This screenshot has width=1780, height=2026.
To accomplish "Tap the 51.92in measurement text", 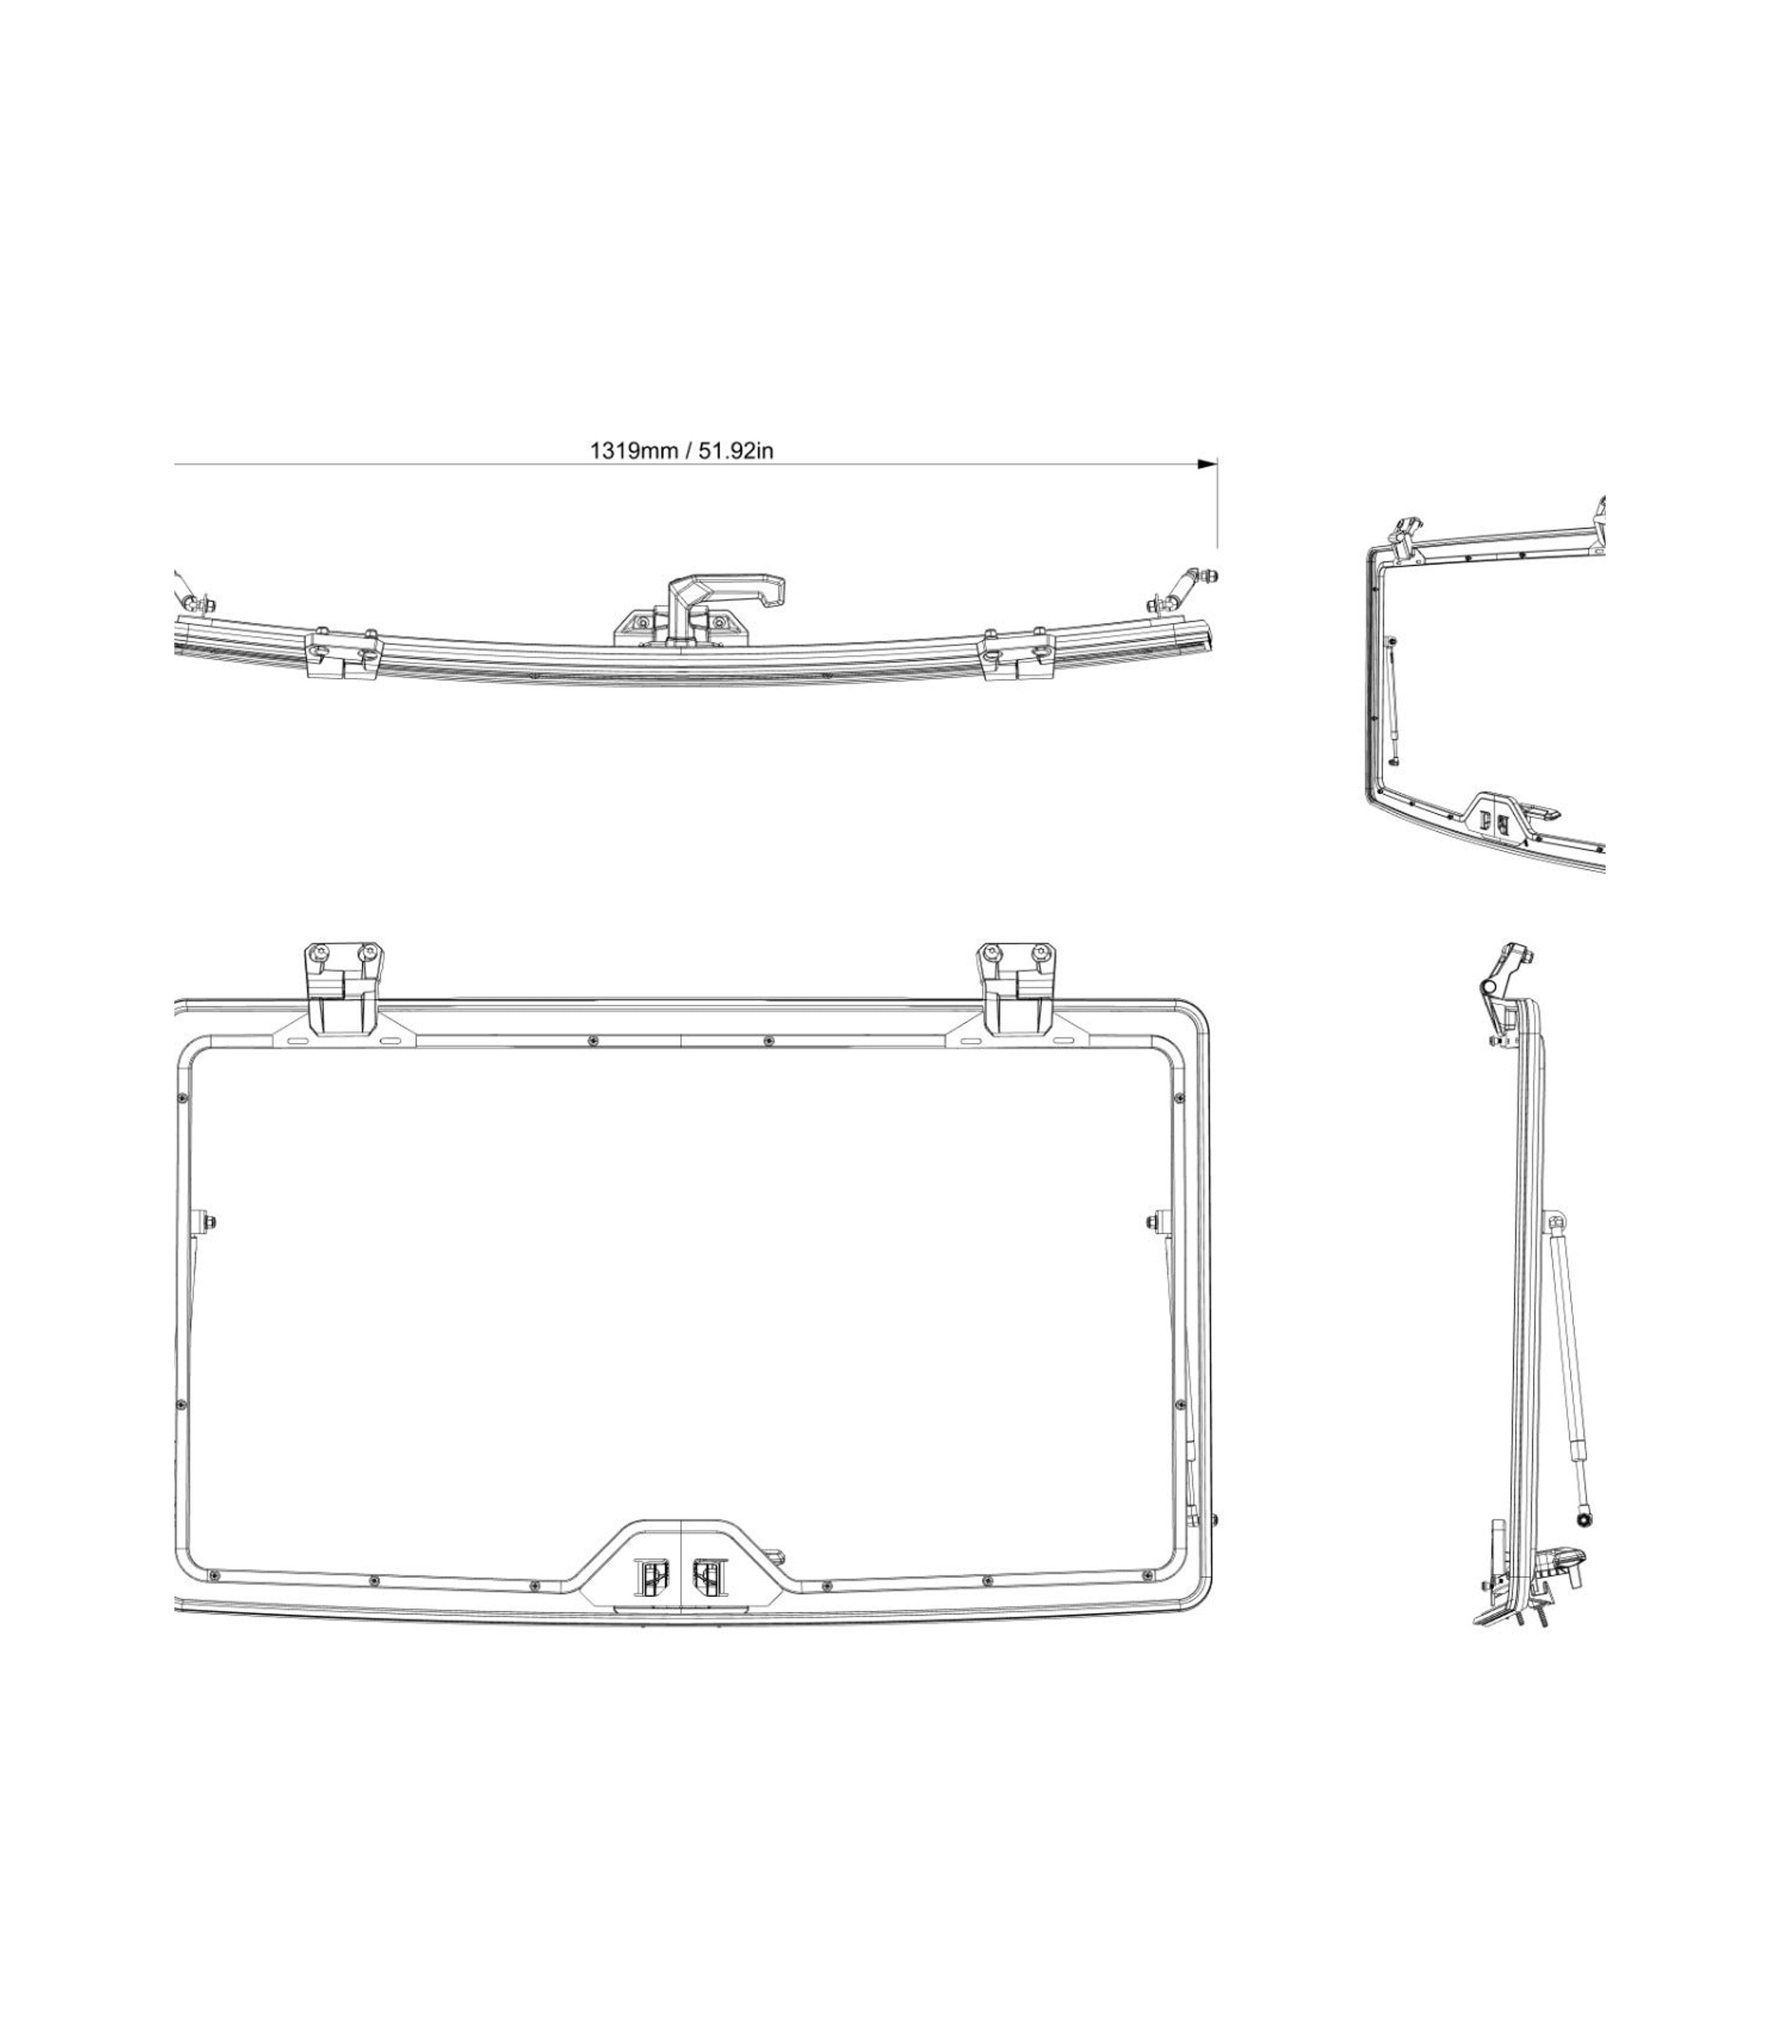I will (734, 451).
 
